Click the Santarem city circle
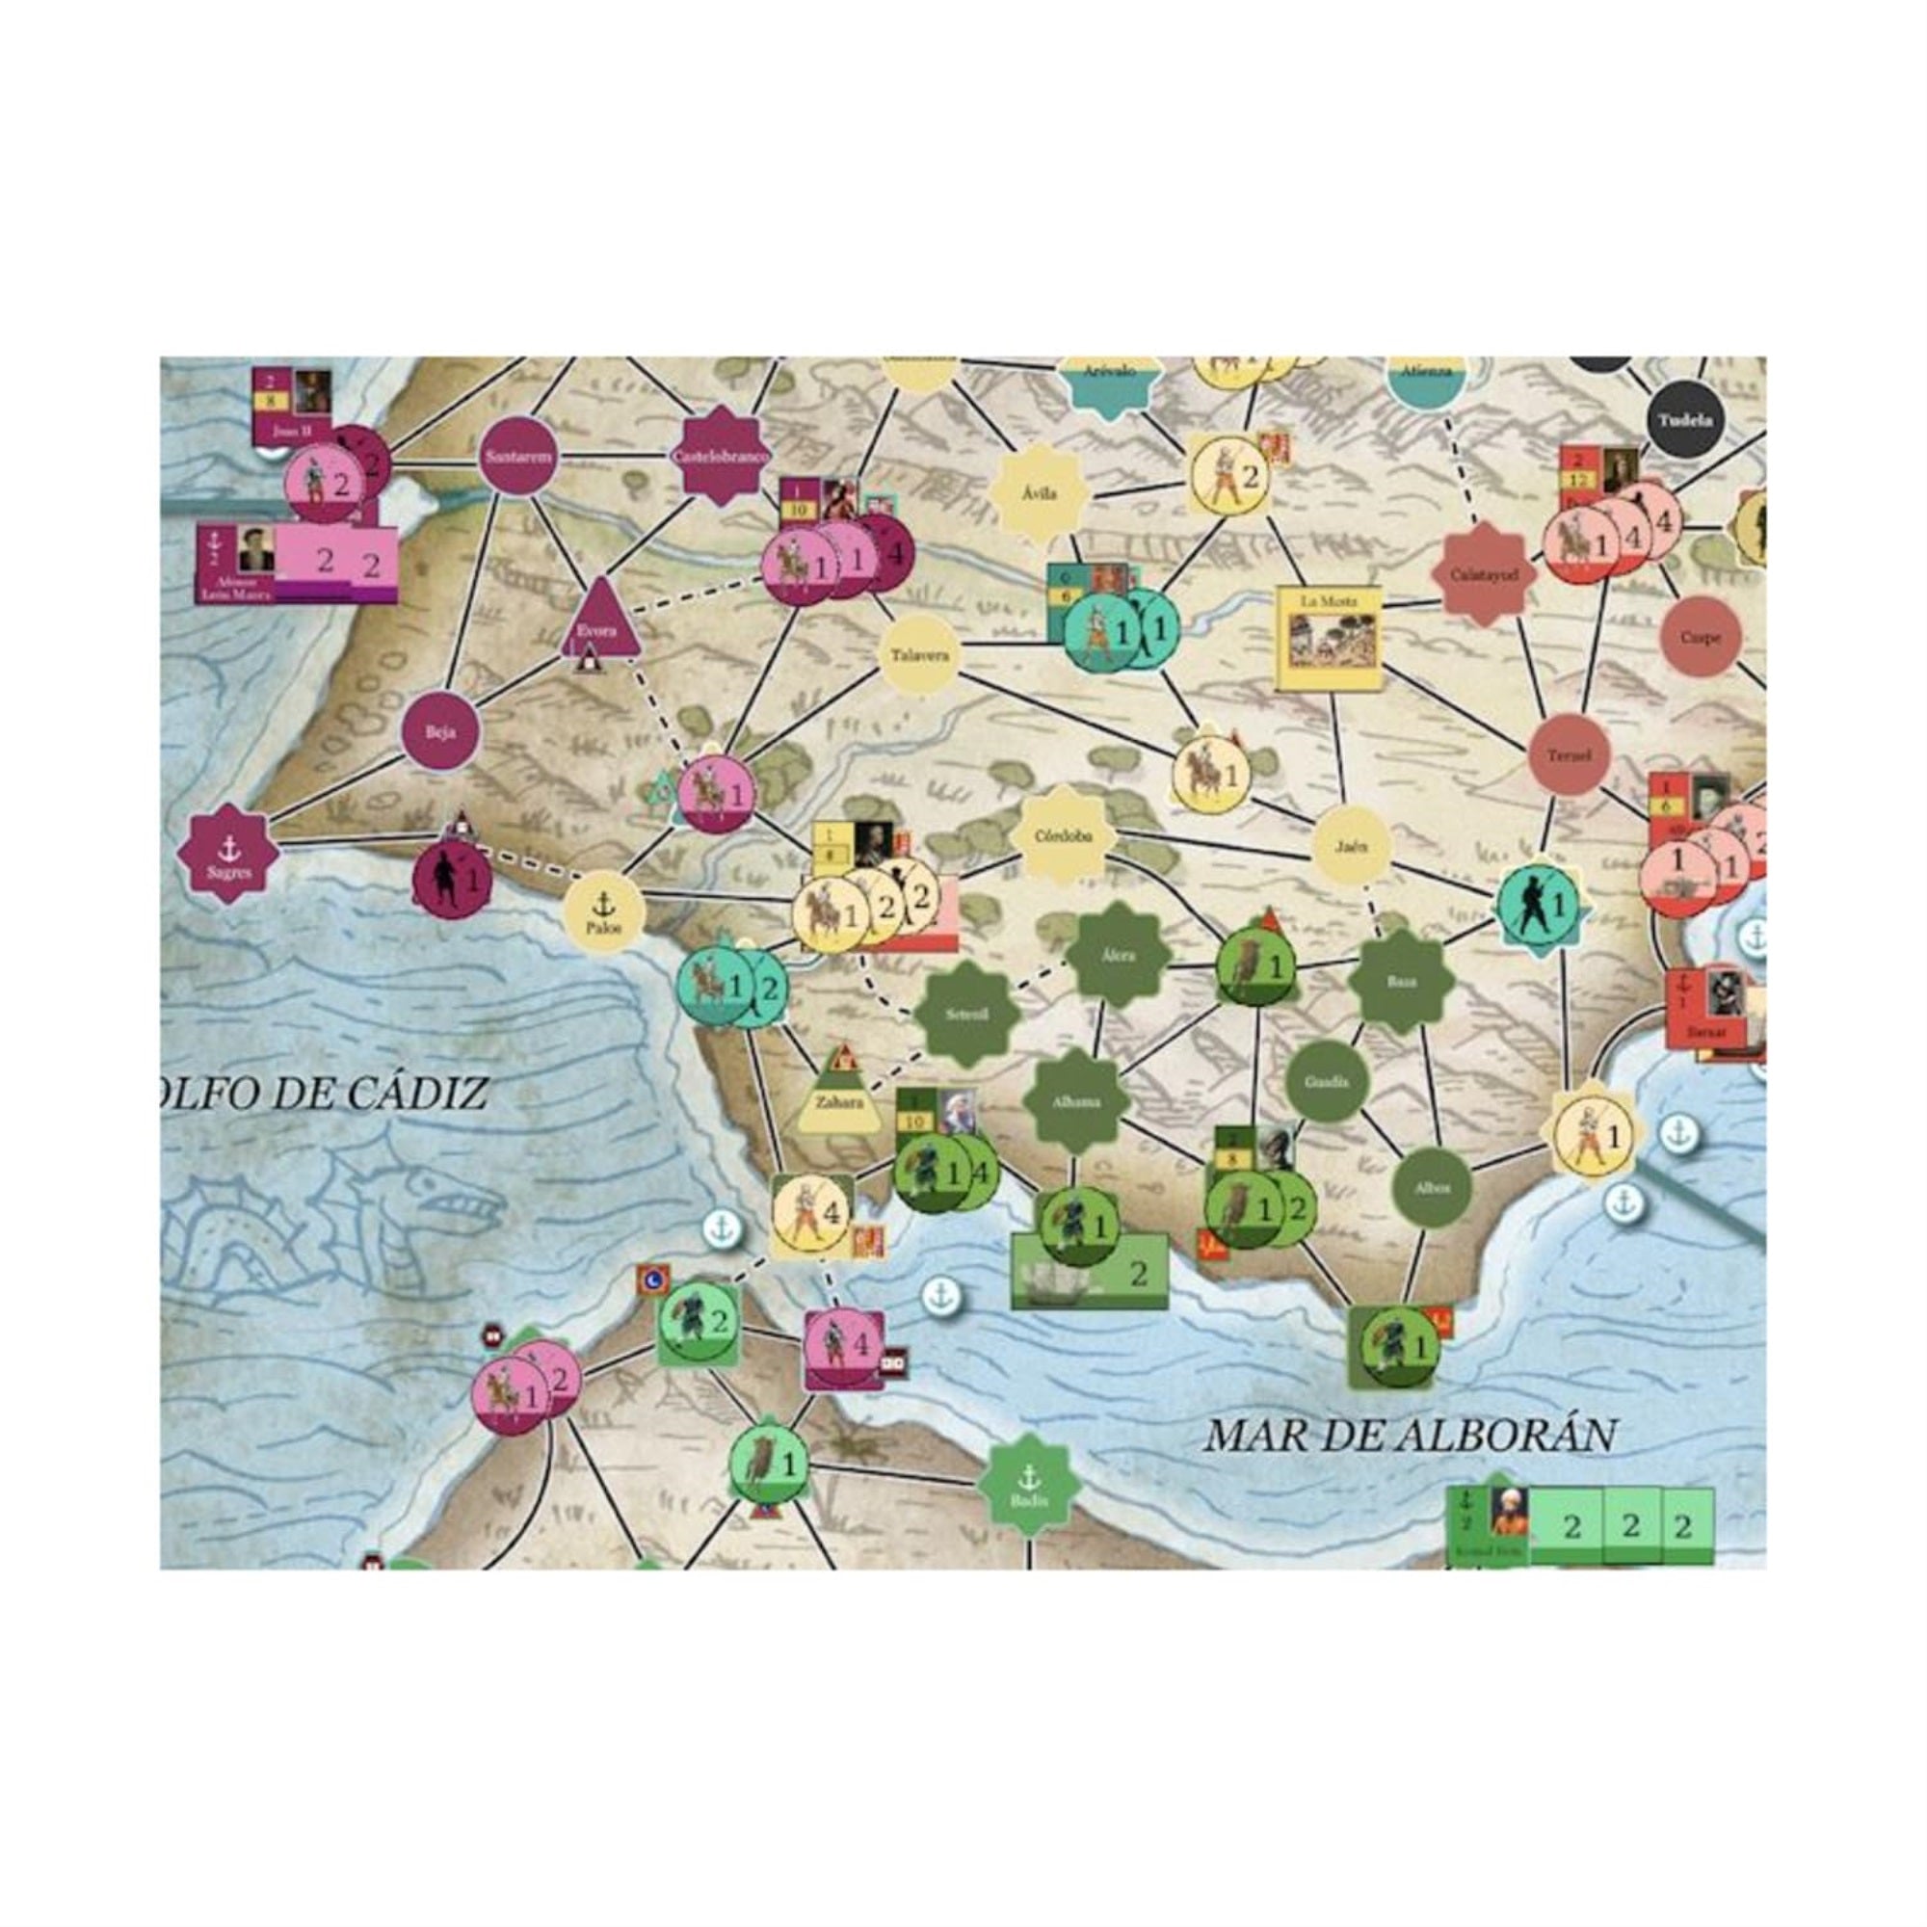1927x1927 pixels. (517, 457)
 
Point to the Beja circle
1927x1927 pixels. (440, 732)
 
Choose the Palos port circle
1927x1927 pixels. (602, 912)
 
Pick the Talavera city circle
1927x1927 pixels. (918, 654)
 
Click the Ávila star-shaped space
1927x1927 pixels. (1040, 492)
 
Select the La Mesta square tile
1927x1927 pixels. (1330, 637)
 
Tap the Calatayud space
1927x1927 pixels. (1483, 574)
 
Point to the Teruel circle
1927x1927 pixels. (1569, 755)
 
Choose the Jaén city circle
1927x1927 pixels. (1352, 846)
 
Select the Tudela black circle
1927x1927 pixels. (1685, 420)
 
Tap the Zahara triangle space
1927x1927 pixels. (838, 1099)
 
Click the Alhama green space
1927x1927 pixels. (1077, 1101)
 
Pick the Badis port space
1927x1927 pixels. (1027, 1485)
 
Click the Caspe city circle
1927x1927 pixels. (1700, 637)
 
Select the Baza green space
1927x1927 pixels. (1400, 982)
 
